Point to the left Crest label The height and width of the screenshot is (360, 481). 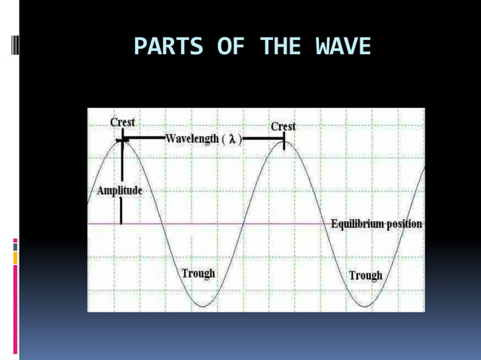(122, 121)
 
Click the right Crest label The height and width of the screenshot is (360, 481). (283, 127)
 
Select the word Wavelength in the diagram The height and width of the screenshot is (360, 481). (191, 139)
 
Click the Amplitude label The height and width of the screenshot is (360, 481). (119, 191)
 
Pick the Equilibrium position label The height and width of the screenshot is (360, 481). (376, 224)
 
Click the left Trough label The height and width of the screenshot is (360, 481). (198, 273)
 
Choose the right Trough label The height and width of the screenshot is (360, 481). (365, 275)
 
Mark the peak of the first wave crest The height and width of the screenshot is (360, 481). (121, 141)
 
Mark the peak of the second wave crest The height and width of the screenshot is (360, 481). (284, 141)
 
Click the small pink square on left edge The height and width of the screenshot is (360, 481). (14, 243)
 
